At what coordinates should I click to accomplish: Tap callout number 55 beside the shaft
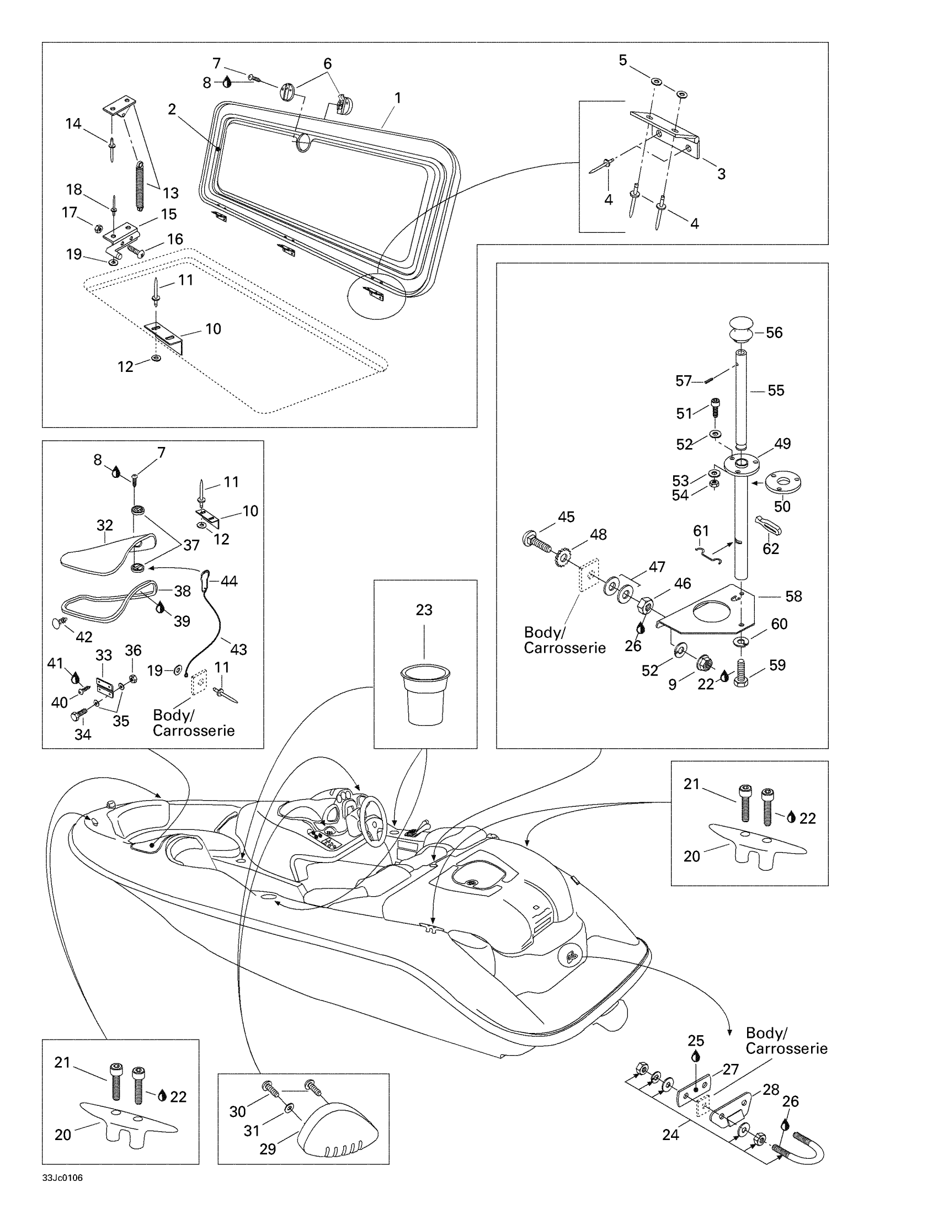(776, 390)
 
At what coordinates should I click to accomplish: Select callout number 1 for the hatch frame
(398, 98)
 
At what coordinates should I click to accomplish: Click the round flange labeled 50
(782, 482)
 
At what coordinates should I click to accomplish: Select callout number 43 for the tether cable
(238, 649)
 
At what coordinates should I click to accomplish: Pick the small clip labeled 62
(769, 524)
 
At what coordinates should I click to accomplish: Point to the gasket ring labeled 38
(110, 601)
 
